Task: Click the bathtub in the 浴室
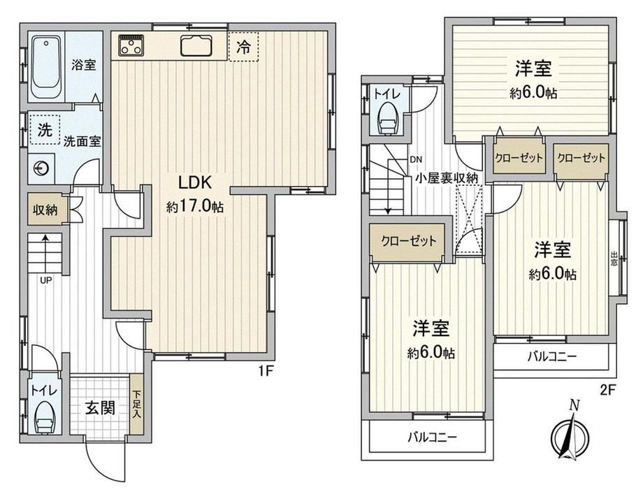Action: (47, 67)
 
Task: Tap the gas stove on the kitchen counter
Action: (131, 45)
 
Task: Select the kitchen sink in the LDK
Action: (196, 45)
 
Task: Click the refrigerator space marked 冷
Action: (244, 47)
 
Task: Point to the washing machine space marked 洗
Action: (45, 129)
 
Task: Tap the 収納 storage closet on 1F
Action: (45, 210)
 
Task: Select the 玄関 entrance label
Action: (100, 407)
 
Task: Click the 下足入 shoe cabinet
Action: (136, 405)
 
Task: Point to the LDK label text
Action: (195, 182)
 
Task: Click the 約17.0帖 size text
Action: (195, 207)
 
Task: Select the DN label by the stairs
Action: (416, 159)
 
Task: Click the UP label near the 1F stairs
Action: (45, 280)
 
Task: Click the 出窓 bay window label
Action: (614, 259)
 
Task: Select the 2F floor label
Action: (608, 390)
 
